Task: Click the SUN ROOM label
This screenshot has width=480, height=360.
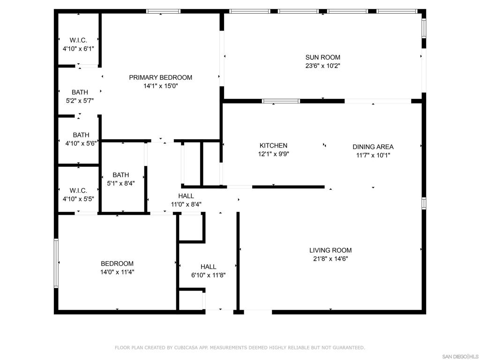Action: point(322,58)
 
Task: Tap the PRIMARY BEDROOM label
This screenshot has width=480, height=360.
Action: point(161,77)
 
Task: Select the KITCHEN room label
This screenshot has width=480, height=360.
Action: point(274,146)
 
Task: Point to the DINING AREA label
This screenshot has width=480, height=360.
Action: point(373,147)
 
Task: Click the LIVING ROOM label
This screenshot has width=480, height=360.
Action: point(330,250)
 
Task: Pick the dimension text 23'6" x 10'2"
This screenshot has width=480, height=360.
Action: point(322,66)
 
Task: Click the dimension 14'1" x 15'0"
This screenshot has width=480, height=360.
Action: point(161,86)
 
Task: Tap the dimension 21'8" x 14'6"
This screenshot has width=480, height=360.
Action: point(330,259)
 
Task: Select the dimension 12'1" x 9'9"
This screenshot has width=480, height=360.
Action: point(274,154)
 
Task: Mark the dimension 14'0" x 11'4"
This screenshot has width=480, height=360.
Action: point(117,272)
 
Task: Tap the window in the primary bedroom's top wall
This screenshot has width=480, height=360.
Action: point(163,11)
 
